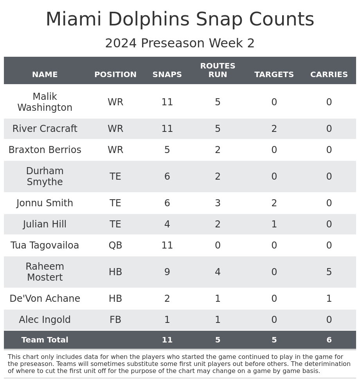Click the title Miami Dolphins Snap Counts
click(x=180, y=20)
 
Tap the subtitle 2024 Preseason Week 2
click(x=180, y=43)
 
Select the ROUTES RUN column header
click(x=218, y=70)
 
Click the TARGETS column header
click(x=274, y=75)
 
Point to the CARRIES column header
click(x=329, y=75)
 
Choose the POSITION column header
click(x=115, y=75)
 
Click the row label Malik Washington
click(x=45, y=102)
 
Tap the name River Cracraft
click(x=45, y=129)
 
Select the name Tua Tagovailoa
click(x=45, y=245)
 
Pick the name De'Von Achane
click(x=45, y=299)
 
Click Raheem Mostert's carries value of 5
click(x=329, y=272)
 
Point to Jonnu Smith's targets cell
click(x=274, y=203)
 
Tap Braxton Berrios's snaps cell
click(x=167, y=150)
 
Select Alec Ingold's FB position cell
click(x=115, y=320)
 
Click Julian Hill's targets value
click(x=274, y=224)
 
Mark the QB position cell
click(x=115, y=245)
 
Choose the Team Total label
click(x=45, y=340)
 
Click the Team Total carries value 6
click(x=329, y=340)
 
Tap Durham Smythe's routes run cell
click(x=218, y=177)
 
